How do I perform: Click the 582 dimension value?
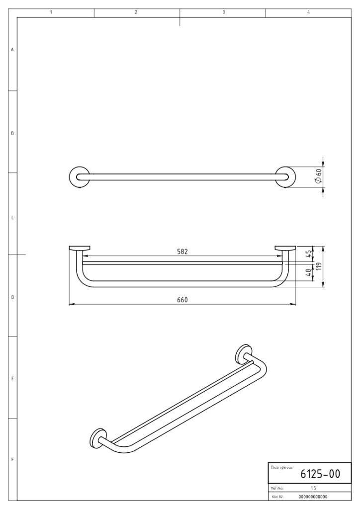click(x=182, y=252)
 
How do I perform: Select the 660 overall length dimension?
click(x=182, y=300)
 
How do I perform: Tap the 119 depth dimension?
click(x=319, y=266)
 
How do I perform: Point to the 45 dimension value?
click(x=309, y=253)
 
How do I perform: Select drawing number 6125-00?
click(x=320, y=474)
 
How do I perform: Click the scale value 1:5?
click(x=313, y=488)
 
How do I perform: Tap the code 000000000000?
click(x=313, y=497)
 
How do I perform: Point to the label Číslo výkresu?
click(x=281, y=468)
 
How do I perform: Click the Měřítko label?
click(x=277, y=488)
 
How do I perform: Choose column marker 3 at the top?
click(x=224, y=12)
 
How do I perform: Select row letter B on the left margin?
click(x=12, y=133)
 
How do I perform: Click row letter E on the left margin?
click(x=12, y=378)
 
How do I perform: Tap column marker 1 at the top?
click(x=51, y=12)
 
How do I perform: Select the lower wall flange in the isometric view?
click(x=98, y=438)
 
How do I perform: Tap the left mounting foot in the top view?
click(x=79, y=249)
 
